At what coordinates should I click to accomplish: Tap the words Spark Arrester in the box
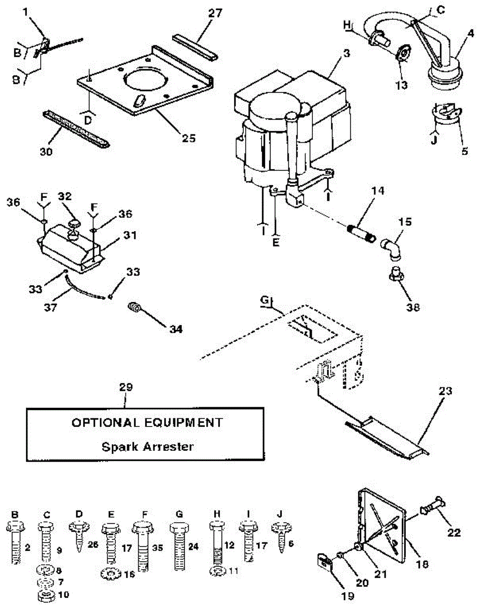(147, 447)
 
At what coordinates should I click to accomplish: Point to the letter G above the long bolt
(179, 514)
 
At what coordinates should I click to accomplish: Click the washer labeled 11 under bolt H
(216, 571)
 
